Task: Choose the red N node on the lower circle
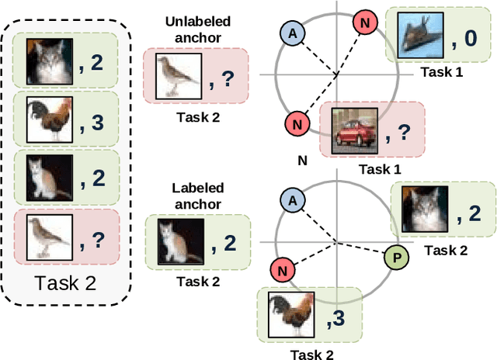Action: [283, 271]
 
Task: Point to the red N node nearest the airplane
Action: [365, 22]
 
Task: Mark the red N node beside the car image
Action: [297, 122]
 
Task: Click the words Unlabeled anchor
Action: [194, 28]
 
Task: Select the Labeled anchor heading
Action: [197, 195]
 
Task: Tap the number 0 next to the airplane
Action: [469, 36]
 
